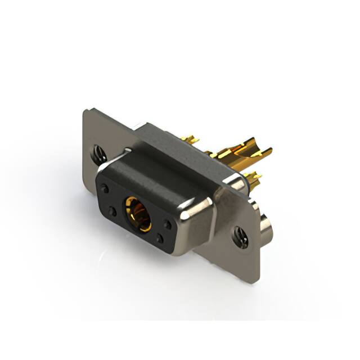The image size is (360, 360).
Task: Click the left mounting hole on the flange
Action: tap(100, 151)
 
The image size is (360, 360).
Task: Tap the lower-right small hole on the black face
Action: tap(160, 238)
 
